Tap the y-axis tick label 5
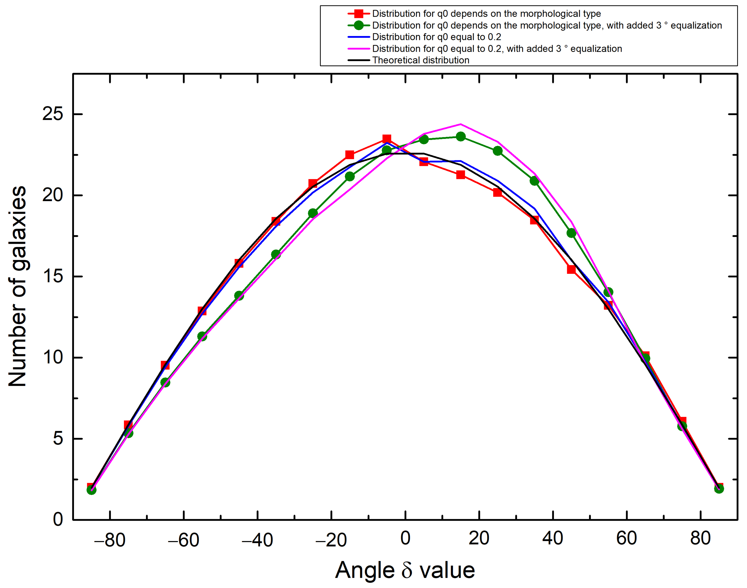click(58, 439)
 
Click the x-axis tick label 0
click(405, 538)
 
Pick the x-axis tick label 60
click(626, 538)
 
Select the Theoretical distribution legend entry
click(420, 60)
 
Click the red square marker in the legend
click(359, 14)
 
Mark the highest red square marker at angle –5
click(387, 139)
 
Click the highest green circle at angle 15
click(461, 137)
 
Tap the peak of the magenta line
click(461, 124)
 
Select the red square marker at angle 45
click(571, 269)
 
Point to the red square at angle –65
click(165, 365)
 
